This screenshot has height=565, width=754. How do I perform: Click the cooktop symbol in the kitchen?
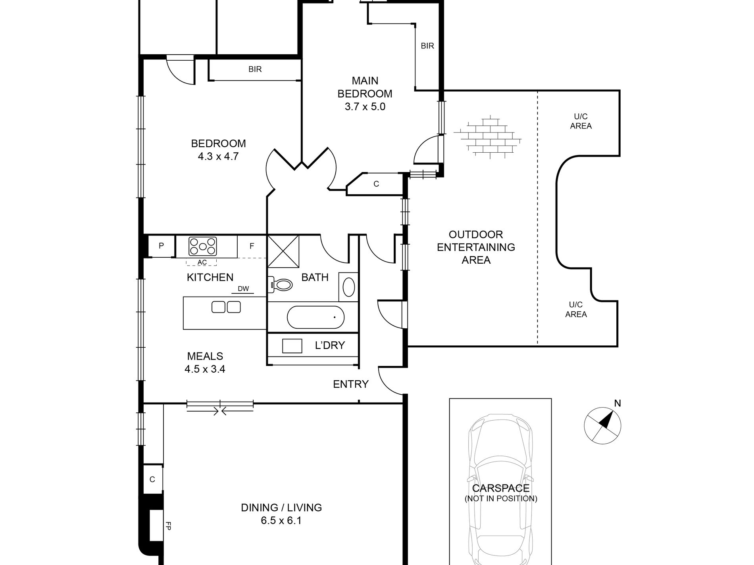(203, 246)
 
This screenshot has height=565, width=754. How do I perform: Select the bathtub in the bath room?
(315, 317)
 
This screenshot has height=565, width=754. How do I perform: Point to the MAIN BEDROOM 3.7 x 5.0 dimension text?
(365, 107)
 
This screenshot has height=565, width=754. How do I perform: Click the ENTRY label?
(351, 384)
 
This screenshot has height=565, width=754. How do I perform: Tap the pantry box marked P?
(161, 246)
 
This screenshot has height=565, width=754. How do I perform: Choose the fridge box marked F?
(252, 246)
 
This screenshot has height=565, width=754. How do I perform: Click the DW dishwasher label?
(243, 289)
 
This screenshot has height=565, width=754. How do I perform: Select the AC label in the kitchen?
(202, 262)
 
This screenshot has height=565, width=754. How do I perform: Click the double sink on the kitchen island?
(226, 307)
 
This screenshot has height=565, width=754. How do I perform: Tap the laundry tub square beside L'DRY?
(292, 346)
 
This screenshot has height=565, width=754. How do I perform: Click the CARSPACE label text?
(501, 488)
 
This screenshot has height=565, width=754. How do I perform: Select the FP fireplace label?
(168, 526)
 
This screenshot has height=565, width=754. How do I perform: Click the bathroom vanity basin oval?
(349, 287)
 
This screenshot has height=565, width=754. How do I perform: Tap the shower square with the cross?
(283, 251)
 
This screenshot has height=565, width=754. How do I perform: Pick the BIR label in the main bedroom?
(427, 46)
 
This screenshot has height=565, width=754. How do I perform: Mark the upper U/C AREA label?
(581, 121)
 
